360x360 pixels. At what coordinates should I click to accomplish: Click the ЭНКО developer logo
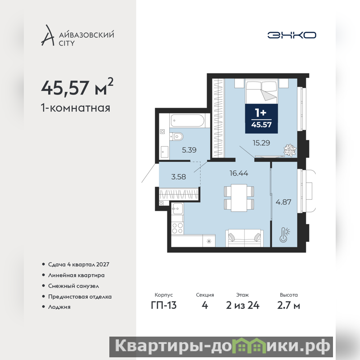coord(292,35)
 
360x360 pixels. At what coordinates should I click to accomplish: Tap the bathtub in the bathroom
coord(187,120)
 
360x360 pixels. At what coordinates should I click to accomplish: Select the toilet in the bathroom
coord(176,137)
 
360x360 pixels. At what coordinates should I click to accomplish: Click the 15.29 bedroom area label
coord(261,143)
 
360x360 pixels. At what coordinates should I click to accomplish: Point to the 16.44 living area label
coord(239,173)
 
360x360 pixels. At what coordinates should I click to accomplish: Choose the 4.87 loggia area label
coord(283,202)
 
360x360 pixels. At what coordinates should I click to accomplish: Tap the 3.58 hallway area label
coord(178,177)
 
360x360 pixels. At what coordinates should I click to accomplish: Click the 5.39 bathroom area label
coord(189,150)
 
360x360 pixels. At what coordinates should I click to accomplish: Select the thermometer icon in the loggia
coord(284,234)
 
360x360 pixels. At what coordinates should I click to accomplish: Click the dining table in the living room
coord(239,198)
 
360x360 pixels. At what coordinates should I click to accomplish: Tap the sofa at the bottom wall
coord(244,238)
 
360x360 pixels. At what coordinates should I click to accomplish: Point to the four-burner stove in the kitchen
coord(177,228)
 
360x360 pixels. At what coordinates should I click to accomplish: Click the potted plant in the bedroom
coord(290,150)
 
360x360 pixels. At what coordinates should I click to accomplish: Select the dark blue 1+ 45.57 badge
coord(261,118)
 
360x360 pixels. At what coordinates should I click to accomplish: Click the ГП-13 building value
coord(164,306)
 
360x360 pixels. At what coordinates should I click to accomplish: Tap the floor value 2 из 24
coord(243,306)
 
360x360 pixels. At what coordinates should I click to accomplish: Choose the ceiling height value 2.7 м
coord(288,306)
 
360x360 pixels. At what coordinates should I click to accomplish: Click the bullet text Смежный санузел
coord(73,286)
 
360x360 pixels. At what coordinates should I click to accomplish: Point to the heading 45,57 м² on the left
coord(77,87)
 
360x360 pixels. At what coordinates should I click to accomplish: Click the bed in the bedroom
coord(261,91)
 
